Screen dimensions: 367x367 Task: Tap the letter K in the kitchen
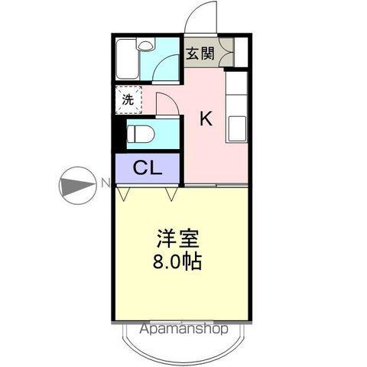[206, 119]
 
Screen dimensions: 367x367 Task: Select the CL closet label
[147, 168]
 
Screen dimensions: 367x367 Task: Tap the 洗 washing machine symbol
[128, 99]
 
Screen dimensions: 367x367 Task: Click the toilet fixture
[141, 135]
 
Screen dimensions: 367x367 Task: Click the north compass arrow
[77, 184]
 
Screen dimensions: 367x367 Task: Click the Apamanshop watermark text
[183, 330]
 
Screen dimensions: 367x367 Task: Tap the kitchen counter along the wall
[236, 107]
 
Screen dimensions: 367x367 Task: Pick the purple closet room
[147, 168]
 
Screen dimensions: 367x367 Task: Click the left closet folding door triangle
[123, 194]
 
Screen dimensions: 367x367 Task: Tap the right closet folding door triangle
[171, 194]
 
